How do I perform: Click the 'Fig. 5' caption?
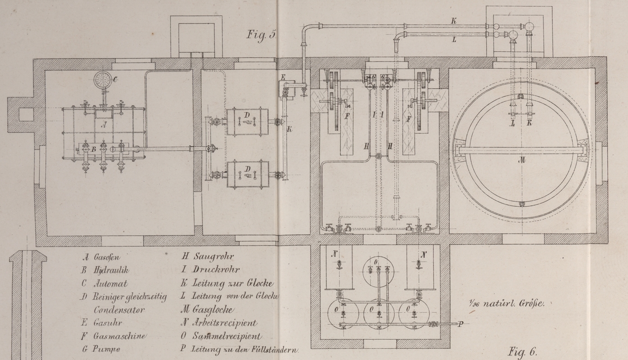[x=261, y=35]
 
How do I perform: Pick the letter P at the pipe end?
[x=460, y=324]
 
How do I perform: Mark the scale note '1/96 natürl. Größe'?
[x=506, y=303]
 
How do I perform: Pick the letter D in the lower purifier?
[x=247, y=169]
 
